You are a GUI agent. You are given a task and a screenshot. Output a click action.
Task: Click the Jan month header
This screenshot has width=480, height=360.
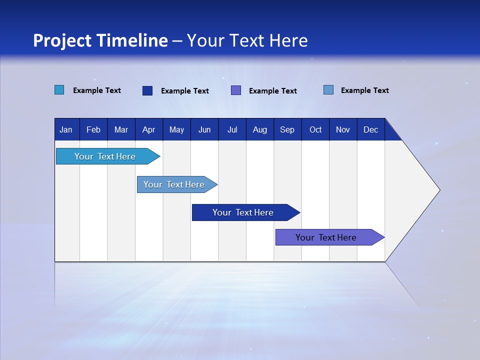pyautogui.click(x=66, y=130)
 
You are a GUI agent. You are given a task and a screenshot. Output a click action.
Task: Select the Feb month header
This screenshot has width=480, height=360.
pyautogui.click(x=93, y=130)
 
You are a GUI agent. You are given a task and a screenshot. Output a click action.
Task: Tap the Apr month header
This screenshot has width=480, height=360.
pyautogui.click(x=148, y=130)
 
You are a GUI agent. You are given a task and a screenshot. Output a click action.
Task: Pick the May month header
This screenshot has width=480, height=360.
pyautogui.click(x=176, y=130)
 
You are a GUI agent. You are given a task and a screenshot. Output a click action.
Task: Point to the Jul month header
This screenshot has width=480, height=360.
pyautogui.click(x=232, y=130)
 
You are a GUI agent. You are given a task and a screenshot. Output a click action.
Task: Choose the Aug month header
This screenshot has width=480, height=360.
pyautogui.click(x=260, y=130)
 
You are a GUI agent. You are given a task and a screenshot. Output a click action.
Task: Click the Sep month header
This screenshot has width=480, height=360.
pyautogui.click(x=287, y=130)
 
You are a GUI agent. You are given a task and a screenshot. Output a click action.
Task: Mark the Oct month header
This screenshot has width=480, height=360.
pyautogui.click(x=315, y=130)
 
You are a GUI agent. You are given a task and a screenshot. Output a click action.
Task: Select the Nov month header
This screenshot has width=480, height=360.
pyautogui.click(x=343, y=130)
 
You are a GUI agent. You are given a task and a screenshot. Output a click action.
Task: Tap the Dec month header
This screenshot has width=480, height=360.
pyautogui.click(x=370, y=130)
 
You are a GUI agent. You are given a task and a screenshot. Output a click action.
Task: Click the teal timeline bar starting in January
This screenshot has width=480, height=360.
pyautogui.click(x=105, y=156)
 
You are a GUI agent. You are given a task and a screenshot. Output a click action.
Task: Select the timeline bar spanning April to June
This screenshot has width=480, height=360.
pyautogui.click(x=174, y=184)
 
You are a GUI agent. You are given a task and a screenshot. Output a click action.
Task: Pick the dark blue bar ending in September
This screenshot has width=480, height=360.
pyautogui.click(x=243, y=212)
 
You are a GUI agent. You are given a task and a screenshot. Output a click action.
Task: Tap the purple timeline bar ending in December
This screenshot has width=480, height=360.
pyautogui.click(x=326, y=237)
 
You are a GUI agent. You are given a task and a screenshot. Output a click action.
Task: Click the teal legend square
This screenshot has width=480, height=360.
pyautogui.click(x=59, y=90)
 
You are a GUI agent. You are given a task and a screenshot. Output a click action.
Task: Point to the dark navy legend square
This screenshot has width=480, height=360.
pyautogui.click(x=147, y=90)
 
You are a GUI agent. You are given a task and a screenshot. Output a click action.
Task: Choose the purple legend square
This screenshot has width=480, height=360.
pyautogui.click(x=236, y=90)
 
